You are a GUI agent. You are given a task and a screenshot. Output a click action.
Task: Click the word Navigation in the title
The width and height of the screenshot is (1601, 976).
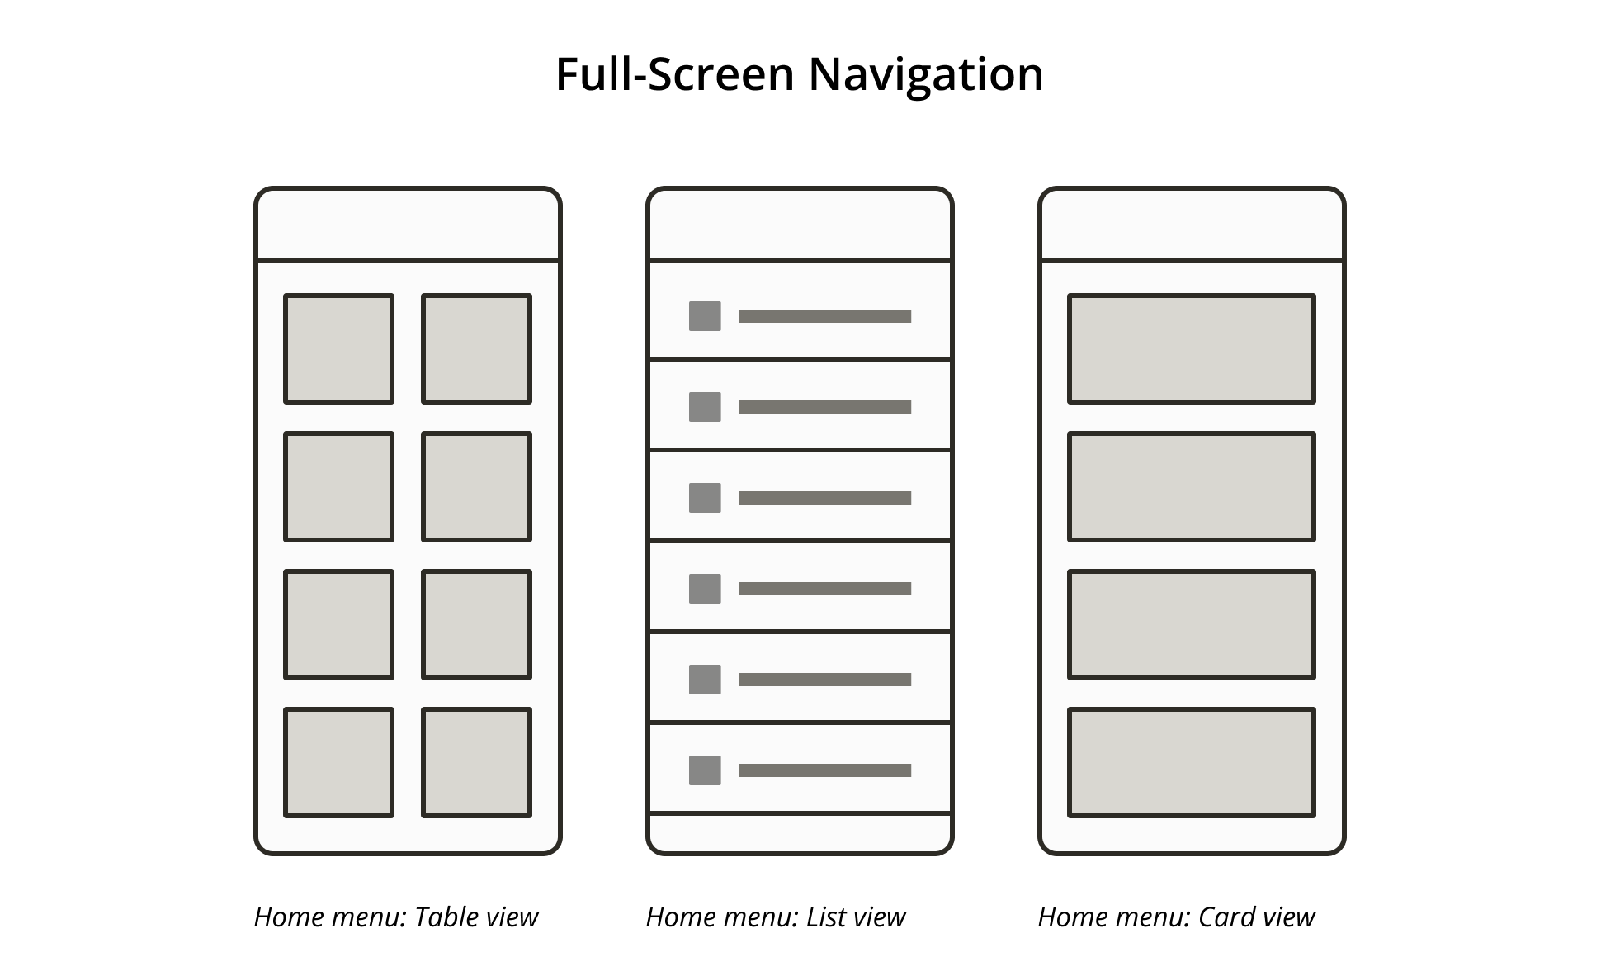(x=925, y=74)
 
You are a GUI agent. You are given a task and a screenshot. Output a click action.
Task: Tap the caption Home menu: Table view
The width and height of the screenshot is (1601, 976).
(x=395, y=917)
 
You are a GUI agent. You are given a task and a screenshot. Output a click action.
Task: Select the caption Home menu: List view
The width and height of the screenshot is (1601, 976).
(x=775, y=917)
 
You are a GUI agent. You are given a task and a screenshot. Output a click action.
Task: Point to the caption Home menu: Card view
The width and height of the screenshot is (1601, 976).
(x=1175, y=917)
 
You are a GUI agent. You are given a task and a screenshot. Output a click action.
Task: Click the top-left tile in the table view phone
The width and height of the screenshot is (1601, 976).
(x=338, y=348)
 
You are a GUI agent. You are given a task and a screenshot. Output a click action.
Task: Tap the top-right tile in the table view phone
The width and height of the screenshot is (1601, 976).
(x=476, y=348)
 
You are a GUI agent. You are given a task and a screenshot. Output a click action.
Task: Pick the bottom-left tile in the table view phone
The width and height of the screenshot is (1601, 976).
(x=338, y=762)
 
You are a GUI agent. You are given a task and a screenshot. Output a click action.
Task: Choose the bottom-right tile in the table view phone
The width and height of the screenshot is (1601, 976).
(x=476, y=762)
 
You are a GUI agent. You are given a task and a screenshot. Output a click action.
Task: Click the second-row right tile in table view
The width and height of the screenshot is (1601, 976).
(x=476, y=486)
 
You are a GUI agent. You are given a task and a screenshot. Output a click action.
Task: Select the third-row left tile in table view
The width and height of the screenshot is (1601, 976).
(x=338, y=624)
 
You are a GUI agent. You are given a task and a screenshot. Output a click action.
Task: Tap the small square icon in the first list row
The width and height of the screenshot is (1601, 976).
(x=705, y=316)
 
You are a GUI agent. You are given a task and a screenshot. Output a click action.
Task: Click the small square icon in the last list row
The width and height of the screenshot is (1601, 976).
(x=705, y=770)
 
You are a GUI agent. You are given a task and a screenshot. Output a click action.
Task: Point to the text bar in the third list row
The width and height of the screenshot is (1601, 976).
(x=824, y=498)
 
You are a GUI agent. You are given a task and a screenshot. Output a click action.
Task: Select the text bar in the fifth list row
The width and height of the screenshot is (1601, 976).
(x=824, y=680)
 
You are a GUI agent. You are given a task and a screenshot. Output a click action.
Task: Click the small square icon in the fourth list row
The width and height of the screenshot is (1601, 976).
(x=705, y=589)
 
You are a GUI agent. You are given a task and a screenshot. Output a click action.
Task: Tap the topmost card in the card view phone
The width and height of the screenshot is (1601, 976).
(x=1191, y=348)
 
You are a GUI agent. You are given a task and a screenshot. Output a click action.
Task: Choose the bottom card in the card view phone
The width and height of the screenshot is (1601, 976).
(x=1191, y=762)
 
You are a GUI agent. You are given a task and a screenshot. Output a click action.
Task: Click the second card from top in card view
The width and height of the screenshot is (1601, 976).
(x=1191, y=486)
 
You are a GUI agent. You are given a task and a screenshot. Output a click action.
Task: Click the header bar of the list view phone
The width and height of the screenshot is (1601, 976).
(x=800, y=225)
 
